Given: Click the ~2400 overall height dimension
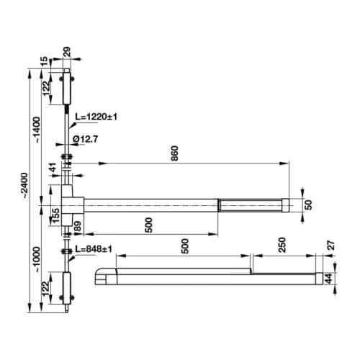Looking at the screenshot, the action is coord(24,186).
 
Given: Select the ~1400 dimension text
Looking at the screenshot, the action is coord(37,130).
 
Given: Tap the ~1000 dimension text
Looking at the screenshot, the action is coord(37,260).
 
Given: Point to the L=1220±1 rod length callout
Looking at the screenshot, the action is coord(96,117).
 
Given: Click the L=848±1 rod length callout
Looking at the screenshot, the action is coord(94,249).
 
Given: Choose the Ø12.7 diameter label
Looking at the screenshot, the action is coord(85,139).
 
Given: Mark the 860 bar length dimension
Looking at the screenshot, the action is coord(175,153).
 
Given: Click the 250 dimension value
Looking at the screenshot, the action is coord(282,245).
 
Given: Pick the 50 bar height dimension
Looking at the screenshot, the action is coord(308,204).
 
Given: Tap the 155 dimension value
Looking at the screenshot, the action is coord(55,215).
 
